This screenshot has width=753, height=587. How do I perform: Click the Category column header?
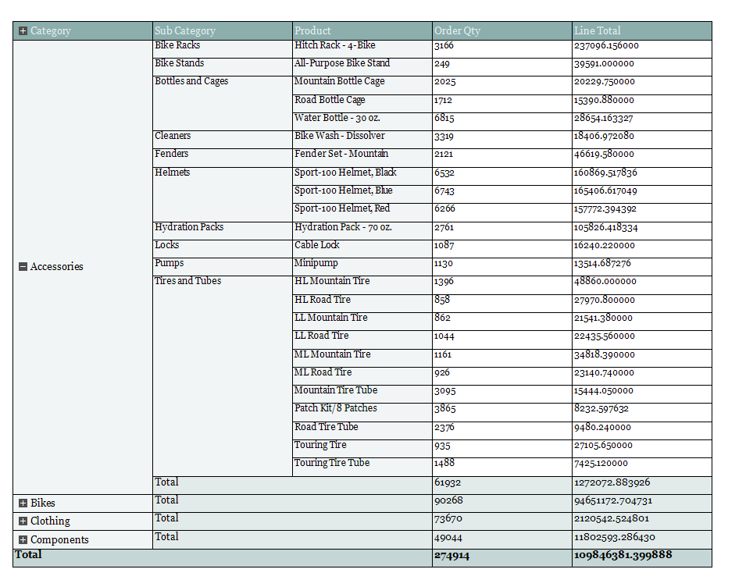[x=51, y=31]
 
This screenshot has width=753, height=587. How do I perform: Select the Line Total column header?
[x=598, y=31]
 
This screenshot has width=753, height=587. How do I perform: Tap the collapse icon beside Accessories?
[x=23, y=267]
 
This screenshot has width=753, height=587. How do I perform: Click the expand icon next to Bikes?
[x=23, y=503]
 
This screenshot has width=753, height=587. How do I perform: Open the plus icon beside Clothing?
[x=23, y=521]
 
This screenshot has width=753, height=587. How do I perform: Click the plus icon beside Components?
[x=23, y=540]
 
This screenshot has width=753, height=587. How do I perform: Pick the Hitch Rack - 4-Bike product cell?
[x=334, y=45]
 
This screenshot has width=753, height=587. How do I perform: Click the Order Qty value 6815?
[x=444, y=119]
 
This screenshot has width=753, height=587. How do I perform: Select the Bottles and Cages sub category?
[x=191, y=81]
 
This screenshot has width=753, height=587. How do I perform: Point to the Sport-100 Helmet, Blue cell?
[x=343, y=190]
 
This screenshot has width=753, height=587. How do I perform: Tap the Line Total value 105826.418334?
[x=605, y=228]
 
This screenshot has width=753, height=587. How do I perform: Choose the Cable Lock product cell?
[x=316, y=245]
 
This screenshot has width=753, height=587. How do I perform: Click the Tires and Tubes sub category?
[x=187, y=281]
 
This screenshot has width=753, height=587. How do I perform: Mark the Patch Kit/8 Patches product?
[x=335, y=408]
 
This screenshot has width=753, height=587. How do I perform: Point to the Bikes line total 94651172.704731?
[x=612, y=501]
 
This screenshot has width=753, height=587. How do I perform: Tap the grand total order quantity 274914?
[x=451, y=556]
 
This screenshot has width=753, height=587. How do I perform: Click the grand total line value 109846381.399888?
[x=623, y=556]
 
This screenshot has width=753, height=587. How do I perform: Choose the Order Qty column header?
[x=457, y=31]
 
